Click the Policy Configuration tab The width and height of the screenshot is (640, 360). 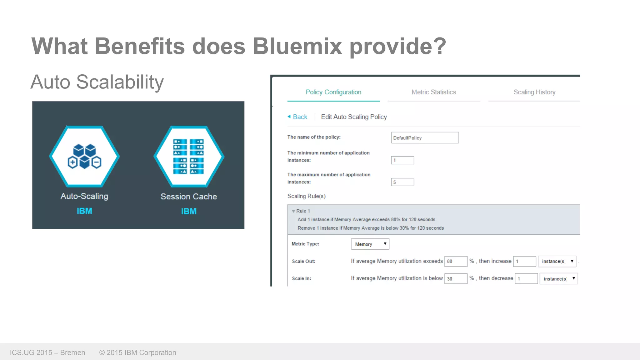[333, 92]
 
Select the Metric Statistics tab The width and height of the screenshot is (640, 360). [434, 92]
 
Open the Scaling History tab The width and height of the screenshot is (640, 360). [534, 92]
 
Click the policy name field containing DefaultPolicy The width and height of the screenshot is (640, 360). [425, 138]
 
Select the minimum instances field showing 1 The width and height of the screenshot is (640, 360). [402, 160]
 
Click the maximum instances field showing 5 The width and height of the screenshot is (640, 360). [402, 182]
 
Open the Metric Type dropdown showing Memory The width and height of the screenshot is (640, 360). [370, 244]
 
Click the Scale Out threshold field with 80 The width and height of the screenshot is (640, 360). [456, 261]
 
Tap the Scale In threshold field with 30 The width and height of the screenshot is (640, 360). [456, 278]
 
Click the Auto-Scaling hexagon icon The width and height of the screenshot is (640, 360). [84, 157]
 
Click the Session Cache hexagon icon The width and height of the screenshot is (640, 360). [189, 157]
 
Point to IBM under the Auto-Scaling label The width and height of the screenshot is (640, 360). [84, 211]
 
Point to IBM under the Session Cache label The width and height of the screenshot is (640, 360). [189, 212]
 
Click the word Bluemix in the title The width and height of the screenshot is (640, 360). [297, 46]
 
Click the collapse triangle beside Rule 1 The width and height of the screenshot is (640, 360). [293, 211]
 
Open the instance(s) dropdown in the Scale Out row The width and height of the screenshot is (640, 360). [557, 261]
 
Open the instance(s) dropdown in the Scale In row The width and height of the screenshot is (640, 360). [559, 278]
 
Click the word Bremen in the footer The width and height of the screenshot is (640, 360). [72, 352]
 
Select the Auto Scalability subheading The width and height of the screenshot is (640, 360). [97, 82]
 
